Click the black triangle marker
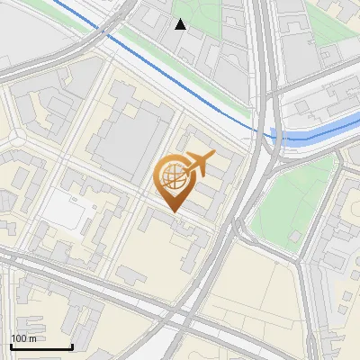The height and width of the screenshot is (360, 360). (x=181, y=24)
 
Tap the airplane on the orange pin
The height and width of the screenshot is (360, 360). (x=199, y=165)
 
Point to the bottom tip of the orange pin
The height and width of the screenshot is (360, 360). (x=174, y=213)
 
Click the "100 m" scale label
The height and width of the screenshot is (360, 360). (x=23, y=338)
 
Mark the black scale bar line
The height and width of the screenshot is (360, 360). (x=40, y=346)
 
